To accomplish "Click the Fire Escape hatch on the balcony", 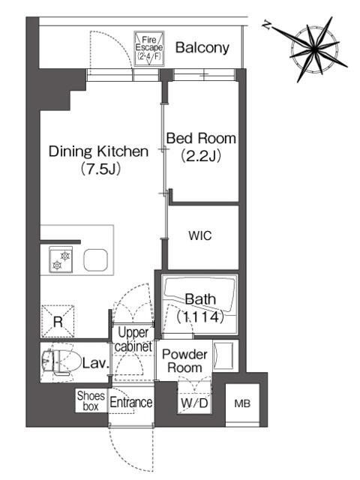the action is [149, 48].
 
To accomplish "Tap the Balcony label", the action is [202, 48].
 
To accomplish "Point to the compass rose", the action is [315, 49].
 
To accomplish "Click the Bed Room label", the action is [201, 138].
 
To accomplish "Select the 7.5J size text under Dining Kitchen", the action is [100, 168].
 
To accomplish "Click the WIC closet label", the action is [200, 235].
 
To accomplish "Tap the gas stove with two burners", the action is [61, 260].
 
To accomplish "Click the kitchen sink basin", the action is [95, 260].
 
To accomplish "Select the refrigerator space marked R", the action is [58, 321].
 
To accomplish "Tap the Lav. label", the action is [96, 363].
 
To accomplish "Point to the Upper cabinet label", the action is [133, 340].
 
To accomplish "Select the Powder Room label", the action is [184, 361].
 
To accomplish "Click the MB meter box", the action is [242, 403].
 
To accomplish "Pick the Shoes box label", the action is [91, 400].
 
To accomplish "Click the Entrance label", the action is [131, 402].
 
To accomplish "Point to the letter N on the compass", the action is [267, 25].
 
